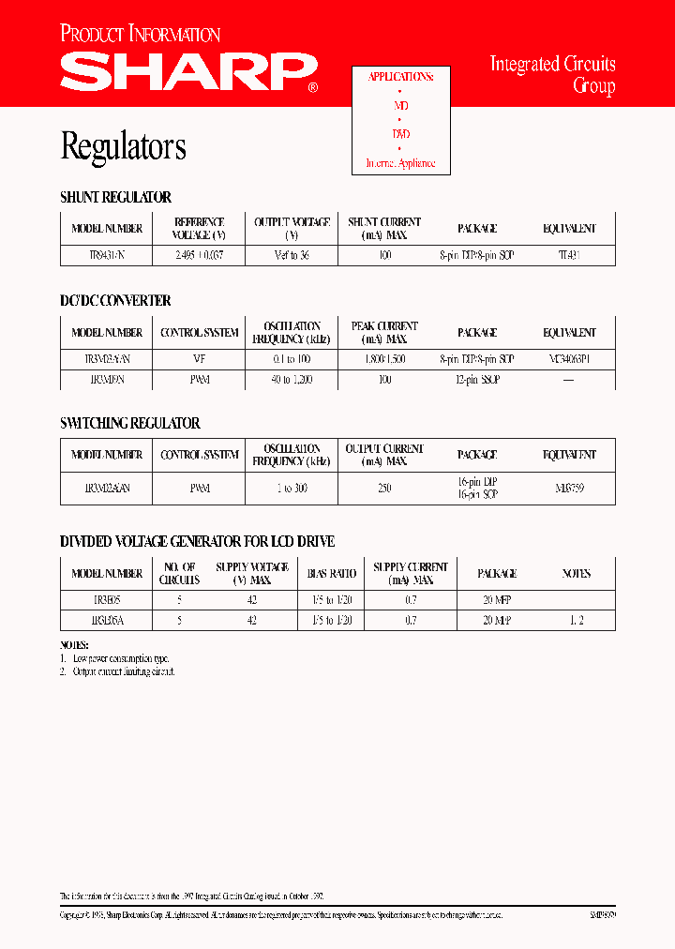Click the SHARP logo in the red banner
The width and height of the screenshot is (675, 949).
tap(187, 72)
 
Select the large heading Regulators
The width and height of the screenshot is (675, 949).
tap(123, 146)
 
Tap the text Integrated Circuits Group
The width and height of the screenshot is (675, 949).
tap(552, 75)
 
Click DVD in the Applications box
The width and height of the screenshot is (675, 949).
tap(400, 134)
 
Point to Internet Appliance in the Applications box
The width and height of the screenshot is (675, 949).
tap(400, 163)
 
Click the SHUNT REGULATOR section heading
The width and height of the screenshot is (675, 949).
tap(115, 198)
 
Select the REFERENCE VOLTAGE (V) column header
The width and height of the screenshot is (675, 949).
tap(199, 229)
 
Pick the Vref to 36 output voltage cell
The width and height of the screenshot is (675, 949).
tap(292, 255)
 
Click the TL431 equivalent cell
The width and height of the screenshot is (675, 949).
tap(569, 255)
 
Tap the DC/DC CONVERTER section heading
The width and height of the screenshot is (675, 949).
tap(115, 301)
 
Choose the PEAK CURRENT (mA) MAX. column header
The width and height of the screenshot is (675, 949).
tap(383, 333)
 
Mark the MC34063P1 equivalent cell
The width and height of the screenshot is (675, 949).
tap(569, 359)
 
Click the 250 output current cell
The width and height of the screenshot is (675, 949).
tap(383, 489)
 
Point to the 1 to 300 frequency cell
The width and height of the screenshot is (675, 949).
tap(292, 489)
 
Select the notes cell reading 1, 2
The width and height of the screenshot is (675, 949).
tap(576, 620)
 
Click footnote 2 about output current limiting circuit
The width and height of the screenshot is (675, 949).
tap(118, 671)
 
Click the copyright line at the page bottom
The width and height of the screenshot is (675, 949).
tap(281, 913)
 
